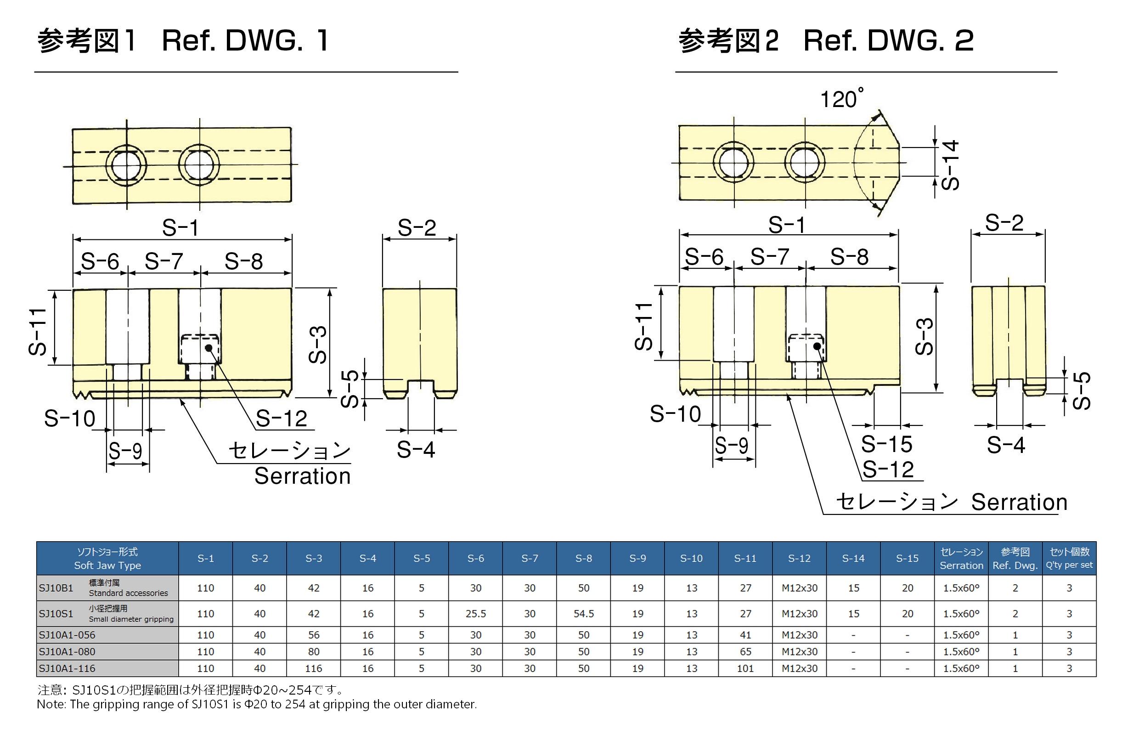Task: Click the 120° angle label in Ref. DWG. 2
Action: pos(841,99)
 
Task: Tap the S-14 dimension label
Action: pos(949,164)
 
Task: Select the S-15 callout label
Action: pos(886,444)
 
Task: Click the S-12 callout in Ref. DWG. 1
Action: pos(282,418)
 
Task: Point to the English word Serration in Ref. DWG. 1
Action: pos(303,476)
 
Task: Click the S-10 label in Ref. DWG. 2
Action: pos(675,414)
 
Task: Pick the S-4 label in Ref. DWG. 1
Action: pos(415,449)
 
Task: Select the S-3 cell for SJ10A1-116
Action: pos(314,668)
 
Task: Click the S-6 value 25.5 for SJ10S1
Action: pos(476,613)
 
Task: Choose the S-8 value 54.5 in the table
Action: pos(584,613)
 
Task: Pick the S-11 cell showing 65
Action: pos(745,651)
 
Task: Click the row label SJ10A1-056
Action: pos(67,634)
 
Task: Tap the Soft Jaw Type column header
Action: pos(107,558)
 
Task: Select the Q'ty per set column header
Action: pos(1069,558)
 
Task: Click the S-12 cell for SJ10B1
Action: pos(800,588)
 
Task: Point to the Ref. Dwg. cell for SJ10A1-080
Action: pos(1015,651)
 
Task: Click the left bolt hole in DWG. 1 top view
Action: pos(126,165)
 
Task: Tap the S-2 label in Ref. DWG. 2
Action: pos(1004,222)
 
